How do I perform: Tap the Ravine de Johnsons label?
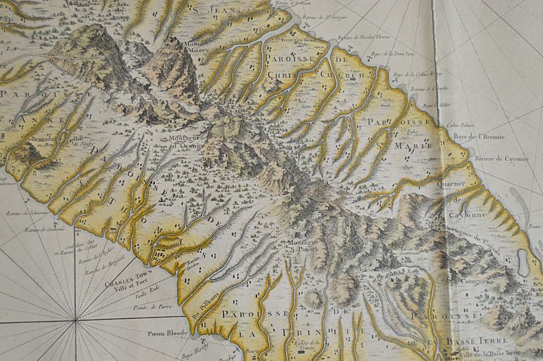(27, 214)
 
